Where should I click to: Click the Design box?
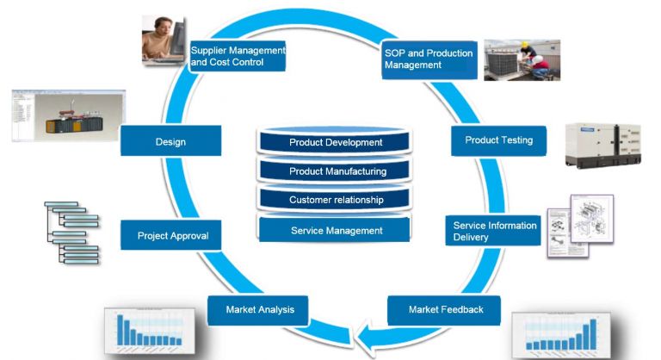pyautogui.click(x=170, y=141)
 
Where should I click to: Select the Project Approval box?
pyautogui.click(x=173, y=235)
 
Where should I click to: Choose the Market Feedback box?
pyautogui.click(x=445, y=309)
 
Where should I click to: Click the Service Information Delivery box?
pyautogui.click(x=495, y=231)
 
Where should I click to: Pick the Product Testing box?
pyautogui.click(x=498, y=140)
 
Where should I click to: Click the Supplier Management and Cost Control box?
pyautogui.click(x=237, y=57)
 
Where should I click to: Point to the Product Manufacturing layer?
pyautogui.click(x=336, y=171)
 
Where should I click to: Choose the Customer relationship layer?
pyautogui.click(x=336, y=200)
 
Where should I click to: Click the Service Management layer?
pyautogui.click(x=336, y=230)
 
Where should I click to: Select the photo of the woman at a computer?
pyautogui.click(x=164, y=40)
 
